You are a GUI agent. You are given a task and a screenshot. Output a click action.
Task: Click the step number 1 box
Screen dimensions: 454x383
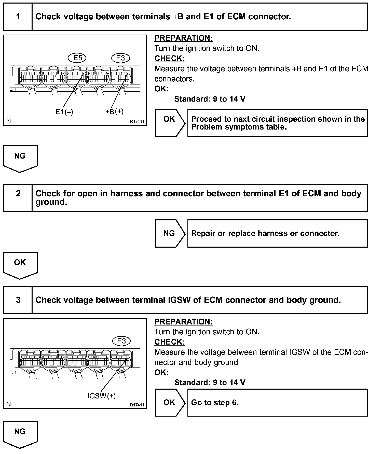(x=18, y=17)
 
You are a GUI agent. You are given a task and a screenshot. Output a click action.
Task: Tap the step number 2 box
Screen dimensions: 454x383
(x=18, y=198)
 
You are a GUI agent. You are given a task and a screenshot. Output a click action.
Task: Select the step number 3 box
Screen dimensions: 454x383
(x=18, y=300)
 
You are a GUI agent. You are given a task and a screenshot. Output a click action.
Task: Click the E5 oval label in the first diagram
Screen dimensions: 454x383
(x=77, y=58)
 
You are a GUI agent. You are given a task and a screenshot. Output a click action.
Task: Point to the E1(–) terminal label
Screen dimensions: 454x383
(x=64, y=111)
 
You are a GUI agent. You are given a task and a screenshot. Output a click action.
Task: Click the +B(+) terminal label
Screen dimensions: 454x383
(x=114, y=111)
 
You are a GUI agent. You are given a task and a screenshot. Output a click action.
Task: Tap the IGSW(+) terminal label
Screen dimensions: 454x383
(x=101, y=396)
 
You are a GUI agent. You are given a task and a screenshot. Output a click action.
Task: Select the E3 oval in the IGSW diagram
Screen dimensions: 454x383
(x=121, y=341)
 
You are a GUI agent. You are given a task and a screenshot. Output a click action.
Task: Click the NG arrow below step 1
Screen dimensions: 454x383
(x=20, y=158)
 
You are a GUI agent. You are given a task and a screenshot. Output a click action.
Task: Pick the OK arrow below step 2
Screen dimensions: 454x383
(x=20, y=264)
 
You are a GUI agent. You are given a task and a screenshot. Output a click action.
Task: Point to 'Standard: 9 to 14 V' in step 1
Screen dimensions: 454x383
(x=210, y=99)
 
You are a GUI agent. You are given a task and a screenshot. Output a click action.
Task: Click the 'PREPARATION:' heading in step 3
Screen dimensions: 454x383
(x=183, y=322)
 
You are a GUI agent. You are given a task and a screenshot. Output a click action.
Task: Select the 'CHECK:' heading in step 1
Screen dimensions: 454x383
(x=169, y=59)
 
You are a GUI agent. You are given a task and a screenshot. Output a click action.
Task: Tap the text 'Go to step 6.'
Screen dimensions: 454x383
(x=215, y=403)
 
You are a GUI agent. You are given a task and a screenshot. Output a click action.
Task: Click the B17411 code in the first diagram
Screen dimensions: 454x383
(x=137, y=122)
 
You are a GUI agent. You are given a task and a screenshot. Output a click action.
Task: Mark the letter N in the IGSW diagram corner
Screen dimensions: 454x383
(x=9, y=404)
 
